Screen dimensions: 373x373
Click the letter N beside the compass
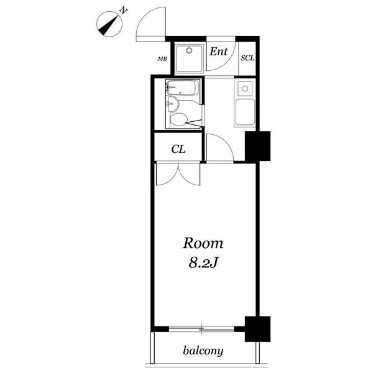(x=123, y=11)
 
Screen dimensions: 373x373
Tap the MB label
(x=162, y=59)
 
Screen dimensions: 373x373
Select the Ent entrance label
(x=218, y=52)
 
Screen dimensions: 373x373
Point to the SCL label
(x=247, y=58)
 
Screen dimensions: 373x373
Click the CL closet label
(x=178, y=149)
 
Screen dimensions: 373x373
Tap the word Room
(x=203, y=244)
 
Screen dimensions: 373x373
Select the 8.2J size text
(x=203, y=263)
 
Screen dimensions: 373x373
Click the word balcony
(x=203, y=351)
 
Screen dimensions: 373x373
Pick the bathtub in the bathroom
(x=182, y=88)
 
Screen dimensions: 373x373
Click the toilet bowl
(x=178, y=119)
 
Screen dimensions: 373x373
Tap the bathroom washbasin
(x=172, y=104)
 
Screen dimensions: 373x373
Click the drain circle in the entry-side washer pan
(x=189, y=50)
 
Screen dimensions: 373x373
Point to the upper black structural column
(x=257, y=146)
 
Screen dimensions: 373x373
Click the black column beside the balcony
(x=257, y=329)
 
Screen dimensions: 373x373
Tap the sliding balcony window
(x=201, y=329)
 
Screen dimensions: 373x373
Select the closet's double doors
(x=178, y=173)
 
